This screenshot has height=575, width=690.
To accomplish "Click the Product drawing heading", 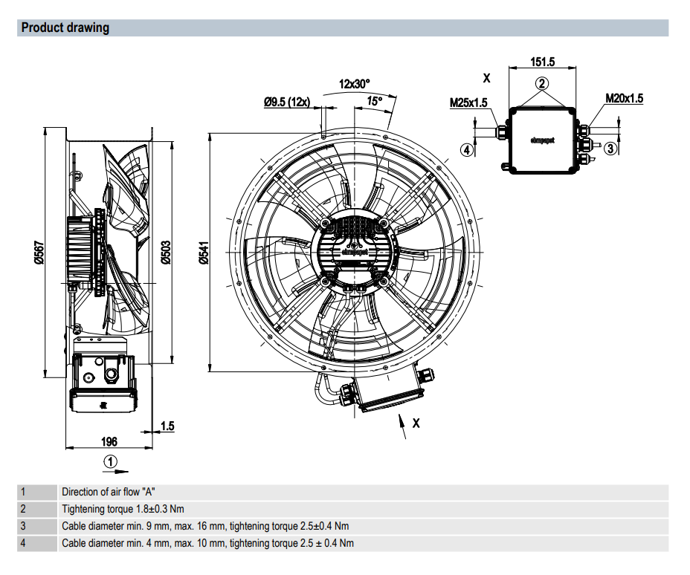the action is [x=65, y=27].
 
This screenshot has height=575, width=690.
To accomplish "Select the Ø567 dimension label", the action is [x=39, y=253].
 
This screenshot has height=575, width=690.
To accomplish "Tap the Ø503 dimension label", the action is [x=166, y=253].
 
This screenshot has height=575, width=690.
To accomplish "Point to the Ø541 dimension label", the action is [x=203, y=253].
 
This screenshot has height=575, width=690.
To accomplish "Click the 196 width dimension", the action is [x=109, y=441].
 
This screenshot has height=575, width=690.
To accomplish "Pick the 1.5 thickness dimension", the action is [x=167, y=426].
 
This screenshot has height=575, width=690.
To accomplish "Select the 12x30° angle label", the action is [x=354, y=83].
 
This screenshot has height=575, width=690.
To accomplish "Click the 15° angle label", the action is [x=375, y=101].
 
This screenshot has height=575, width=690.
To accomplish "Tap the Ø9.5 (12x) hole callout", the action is [x=287, y=102].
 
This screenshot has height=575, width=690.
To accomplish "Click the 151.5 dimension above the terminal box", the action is [x=543, y=62].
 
